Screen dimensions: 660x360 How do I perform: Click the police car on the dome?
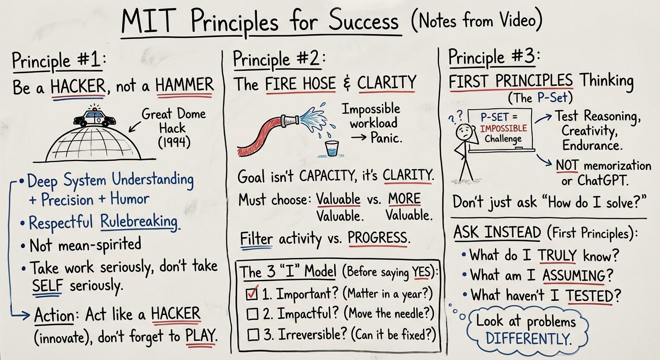click(x=95, y=118)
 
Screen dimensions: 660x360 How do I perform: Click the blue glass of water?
click(x=332, y=149)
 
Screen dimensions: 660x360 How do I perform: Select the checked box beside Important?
click(x=252, y=293)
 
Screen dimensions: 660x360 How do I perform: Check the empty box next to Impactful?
click(x=253, y=314)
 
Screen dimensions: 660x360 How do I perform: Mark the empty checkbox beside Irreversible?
click(x=254, y=335)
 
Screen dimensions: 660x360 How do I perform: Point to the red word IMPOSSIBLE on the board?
click(x=503, y=128)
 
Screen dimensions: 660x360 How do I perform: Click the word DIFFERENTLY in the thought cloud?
click(x=528, y=338)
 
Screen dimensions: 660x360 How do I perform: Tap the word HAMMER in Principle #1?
click(x=184, y=84)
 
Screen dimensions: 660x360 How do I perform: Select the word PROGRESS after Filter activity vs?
click(x=377, y=237)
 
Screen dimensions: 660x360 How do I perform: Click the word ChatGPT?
click(x=602, y=180)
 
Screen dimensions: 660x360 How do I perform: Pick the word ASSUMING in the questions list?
click(x=574, y=276)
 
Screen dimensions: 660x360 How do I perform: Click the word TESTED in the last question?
click(x=589, y=295)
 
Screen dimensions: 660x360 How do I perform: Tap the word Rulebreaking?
click(x=139, y=221)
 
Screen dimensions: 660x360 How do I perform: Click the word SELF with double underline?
click(x=47, y=285)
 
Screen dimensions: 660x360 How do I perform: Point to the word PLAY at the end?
click(x=200, y=336)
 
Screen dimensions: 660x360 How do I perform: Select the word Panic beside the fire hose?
click(x=386, y=137)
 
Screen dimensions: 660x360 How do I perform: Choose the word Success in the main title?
click(x=364, y=20)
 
